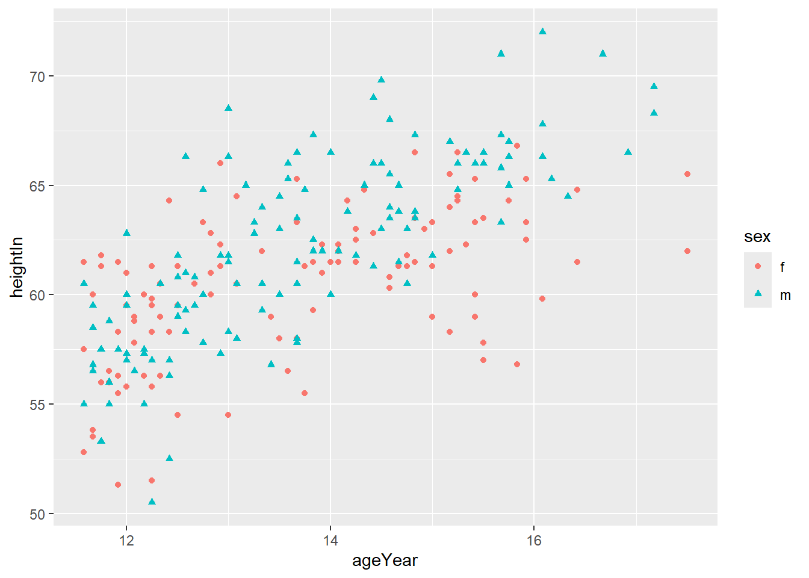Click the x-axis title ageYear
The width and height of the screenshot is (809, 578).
(385, 561)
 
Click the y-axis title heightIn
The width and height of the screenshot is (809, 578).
(17, 267)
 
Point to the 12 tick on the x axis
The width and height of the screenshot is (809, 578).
(126, 540)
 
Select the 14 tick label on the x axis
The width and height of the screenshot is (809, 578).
(330, 540)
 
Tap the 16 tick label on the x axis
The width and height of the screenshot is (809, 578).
(534, 540)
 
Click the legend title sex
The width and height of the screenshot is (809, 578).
(757, 237)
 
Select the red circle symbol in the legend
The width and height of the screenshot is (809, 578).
(758, 266)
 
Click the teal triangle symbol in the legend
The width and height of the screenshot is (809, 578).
(758, 294)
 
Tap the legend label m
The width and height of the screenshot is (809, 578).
(785, 295)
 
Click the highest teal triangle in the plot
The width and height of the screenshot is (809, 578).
(542, 31)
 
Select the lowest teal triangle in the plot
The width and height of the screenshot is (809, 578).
(152, 501)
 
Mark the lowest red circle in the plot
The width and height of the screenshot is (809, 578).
(118, 485)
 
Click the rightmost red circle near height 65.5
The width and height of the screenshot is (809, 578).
(687, 174)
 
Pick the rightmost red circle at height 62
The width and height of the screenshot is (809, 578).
(687, 251)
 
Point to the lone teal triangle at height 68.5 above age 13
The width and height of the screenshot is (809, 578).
(228, 108)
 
